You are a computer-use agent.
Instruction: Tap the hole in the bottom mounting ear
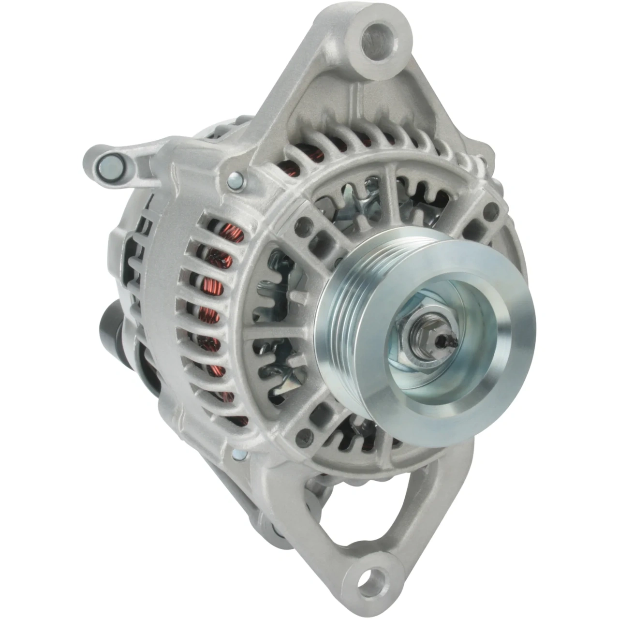coord(372,577)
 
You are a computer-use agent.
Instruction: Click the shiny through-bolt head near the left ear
coord(236,181)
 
